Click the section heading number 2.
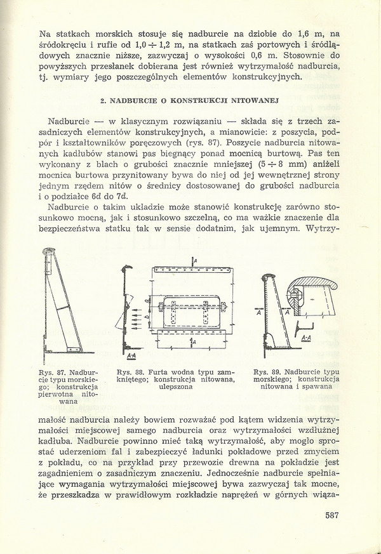[x=102, y=101]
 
